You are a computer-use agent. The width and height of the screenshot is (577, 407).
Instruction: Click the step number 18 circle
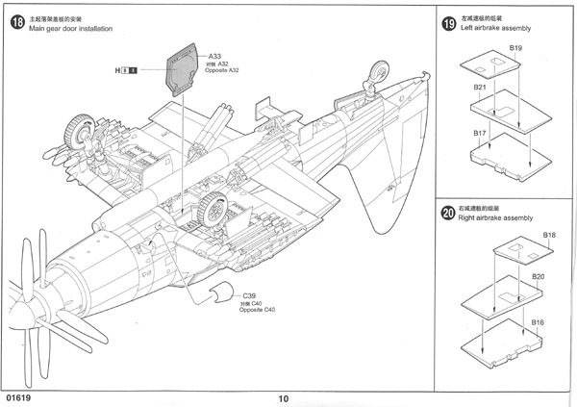coord(17,22)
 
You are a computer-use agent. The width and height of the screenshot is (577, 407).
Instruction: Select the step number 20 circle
coord(448,213)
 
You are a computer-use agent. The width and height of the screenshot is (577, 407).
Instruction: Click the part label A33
coord(215,56)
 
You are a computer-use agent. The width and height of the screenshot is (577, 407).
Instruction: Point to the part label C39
coord(249,295)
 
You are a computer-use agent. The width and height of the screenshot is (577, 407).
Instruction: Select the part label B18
coord(549,235)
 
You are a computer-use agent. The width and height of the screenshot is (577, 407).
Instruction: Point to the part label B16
coord(539,321)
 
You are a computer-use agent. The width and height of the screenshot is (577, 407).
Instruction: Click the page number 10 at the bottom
coord(283,398)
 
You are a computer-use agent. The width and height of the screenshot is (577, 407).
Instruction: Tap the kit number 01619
coord(19,395)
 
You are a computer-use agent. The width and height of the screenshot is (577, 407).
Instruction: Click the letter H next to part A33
coord(117,70)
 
